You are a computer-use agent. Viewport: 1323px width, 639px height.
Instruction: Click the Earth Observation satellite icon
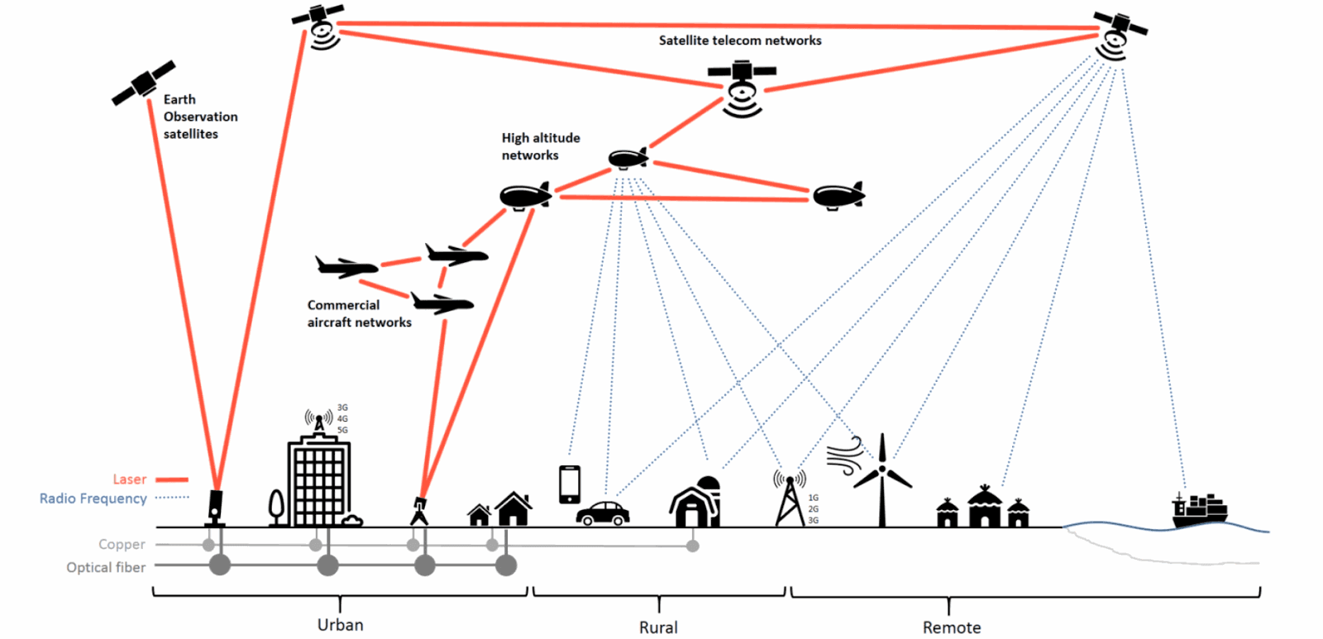click(x=144, y=83)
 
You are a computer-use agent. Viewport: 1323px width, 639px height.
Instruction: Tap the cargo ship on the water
click(x=1200, y=510)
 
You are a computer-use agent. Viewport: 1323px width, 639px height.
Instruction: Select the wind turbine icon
click(x=881, y=479)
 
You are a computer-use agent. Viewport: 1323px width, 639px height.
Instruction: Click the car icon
click(x=603, y=514)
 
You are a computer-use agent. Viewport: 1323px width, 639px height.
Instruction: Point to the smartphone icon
click(x=570, y=484)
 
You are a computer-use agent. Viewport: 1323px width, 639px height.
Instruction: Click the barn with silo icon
click(x=695, y=502)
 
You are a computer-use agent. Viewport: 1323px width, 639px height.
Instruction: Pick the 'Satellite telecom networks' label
click(x=740, y=41)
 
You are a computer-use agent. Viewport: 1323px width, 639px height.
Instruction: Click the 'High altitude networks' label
click(x=541, y=146)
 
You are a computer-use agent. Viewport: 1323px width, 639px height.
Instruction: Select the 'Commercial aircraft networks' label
click(x=359, y=313)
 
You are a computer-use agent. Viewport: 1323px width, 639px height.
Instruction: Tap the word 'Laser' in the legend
click(x=129, y=479)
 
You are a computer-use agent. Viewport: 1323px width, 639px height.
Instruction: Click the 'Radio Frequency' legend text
click(x=93, y=498)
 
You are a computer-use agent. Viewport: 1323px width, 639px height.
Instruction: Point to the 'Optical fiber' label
click(x=106, y=568)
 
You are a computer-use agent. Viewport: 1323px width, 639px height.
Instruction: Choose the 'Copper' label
click(x=122, y=544)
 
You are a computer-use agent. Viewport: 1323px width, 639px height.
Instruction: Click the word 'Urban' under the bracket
click(x=340, y=625)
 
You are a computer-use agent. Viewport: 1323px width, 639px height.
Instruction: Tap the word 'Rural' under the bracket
click(x=658, y=627)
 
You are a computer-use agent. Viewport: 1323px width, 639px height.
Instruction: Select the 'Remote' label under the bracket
click(x=952, y=627)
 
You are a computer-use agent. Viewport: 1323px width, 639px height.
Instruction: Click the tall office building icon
click(x=319, y=481)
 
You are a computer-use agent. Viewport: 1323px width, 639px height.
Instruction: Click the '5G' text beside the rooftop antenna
click(x=342, y=430)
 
